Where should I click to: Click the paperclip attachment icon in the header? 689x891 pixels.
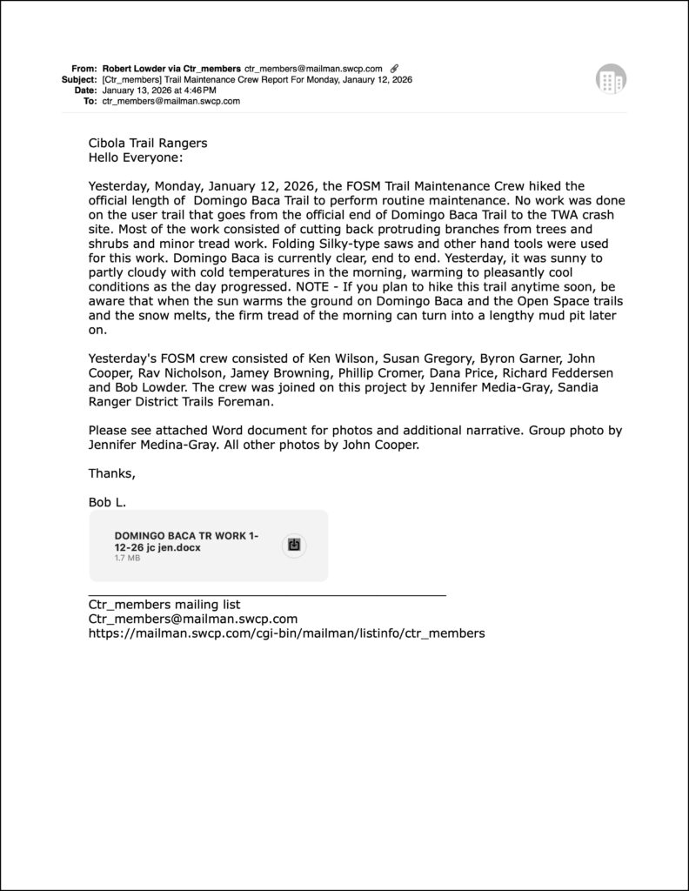(x=395, y=68)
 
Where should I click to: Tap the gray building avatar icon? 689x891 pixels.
(x=611, y=79)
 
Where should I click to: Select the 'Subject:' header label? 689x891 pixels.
(x=79, y=79)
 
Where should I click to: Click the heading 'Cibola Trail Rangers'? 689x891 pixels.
(x=148, y=144)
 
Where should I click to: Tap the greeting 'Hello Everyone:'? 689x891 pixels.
(x=136, y=157)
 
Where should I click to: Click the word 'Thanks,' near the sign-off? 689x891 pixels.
(x=112, y=473)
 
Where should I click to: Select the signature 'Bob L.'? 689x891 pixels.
(x=108, y=502)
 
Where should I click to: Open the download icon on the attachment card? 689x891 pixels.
(x=294, y=546)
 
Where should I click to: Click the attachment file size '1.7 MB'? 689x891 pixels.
(x=127, y=558)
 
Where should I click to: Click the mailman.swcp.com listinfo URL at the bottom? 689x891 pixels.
(x=286, y=633)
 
